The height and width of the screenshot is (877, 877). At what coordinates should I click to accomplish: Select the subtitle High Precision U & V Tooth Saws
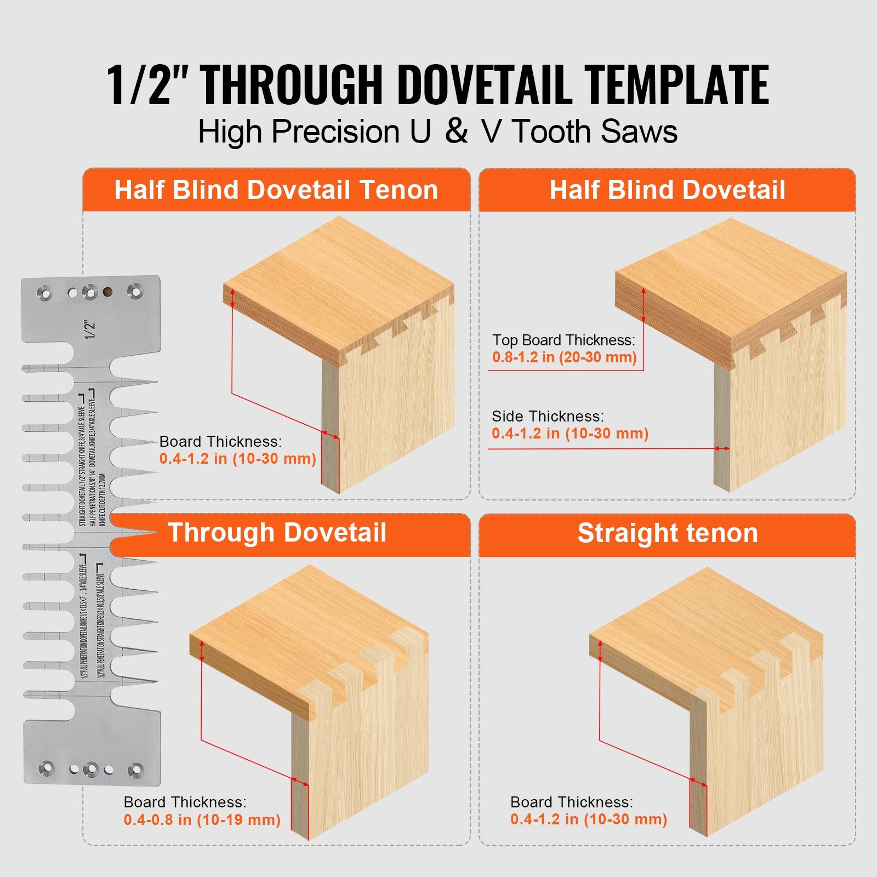coord(437,132)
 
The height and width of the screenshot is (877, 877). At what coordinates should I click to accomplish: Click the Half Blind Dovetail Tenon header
coord(276,190)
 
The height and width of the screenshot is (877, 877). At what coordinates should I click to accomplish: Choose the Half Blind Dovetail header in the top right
coord(667,190)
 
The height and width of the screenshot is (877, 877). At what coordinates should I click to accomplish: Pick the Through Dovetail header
coord(277,533)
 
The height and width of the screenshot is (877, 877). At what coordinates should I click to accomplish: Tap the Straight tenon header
coord(667,533)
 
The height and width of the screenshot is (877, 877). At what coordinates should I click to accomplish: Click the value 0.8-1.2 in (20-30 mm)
coord(564,357)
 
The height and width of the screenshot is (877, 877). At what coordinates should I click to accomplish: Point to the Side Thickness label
coord(548,416)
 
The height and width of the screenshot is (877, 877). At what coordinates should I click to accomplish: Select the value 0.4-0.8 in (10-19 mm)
coord(202,820)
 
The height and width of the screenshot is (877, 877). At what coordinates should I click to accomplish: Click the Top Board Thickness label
coord(563,340)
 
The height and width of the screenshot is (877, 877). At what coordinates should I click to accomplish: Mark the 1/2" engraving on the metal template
coord(90,329)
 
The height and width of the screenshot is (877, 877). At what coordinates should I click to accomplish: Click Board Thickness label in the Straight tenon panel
coord(571,802)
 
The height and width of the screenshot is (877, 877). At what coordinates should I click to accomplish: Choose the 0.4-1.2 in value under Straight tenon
coord(589,819)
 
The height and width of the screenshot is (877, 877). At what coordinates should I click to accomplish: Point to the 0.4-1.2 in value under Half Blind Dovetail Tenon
coord(237,459)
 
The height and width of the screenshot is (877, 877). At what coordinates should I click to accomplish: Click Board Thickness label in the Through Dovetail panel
coord(185,802)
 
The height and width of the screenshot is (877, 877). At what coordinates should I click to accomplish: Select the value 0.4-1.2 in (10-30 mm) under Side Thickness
coord(570,434)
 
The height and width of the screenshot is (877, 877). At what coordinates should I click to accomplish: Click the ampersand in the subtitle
coord(457,132)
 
